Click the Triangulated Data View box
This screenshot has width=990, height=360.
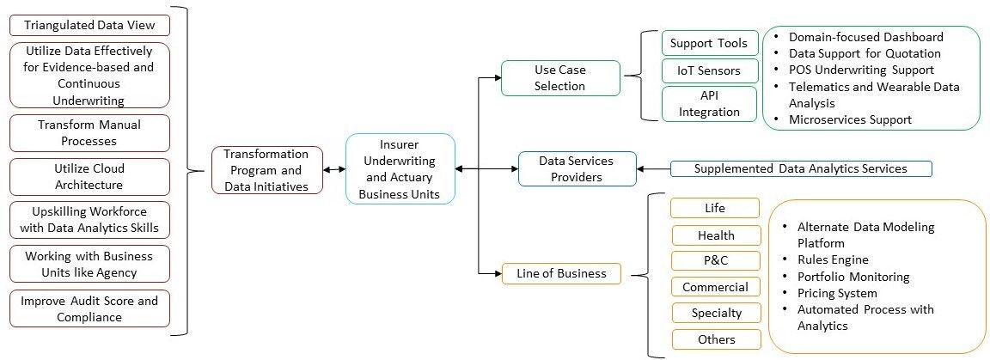pyautogui.click(x=89, y=25)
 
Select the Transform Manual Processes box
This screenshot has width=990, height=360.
pyautogui.click(x=89, y=132)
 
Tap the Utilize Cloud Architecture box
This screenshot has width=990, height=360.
pyautogui.click(x=89, y=176)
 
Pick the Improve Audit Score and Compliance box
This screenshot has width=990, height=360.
pyautogui.click(x=89, y=308)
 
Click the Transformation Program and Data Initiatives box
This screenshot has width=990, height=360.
pyautogui.click(x=266, y=169)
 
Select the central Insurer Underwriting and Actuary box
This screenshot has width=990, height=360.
pyautogui.click(x=400, y=169)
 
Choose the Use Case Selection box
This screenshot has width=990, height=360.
pyautogui.click(x=560, y=77)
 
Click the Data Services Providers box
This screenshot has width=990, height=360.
pyautogui.click(x=577, y=168)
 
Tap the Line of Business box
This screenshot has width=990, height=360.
pyautogui.click(x=560, y=274)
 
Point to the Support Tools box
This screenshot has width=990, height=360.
pyautogui.click(x=709, y=42)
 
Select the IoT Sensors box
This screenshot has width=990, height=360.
pyautogui.click(x=709, y=70)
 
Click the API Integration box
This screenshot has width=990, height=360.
pyautogui.click(x=709, y=103)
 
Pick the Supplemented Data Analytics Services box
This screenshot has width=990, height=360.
pyautogui.click(x=800, y=168)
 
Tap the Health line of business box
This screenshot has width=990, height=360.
pyautogui.click(x=716, y=235)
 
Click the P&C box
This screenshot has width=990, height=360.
pyautogui.click(x=716, y=261)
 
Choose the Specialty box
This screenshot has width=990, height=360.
pyautogui.click(x=716, y=313)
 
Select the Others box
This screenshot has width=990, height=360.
pyautogui.click(x=716, y=339)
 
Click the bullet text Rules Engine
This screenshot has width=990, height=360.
pyautogui.click(x=832, y=259)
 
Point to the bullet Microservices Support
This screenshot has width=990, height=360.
pyautogui.click(x=850, y=119)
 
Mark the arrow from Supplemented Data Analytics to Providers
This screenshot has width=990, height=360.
pyautogui.click(x=652, y=168)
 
